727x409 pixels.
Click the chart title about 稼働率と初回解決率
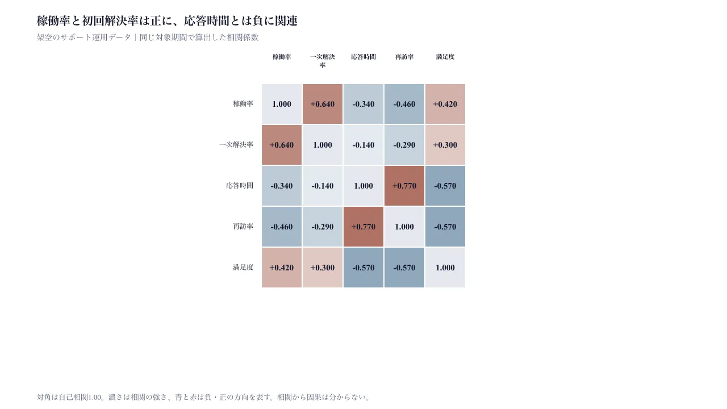tap(167, 21)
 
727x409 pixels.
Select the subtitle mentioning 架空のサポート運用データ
tap(148, 37)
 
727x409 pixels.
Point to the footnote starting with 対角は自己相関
tap(204, 397)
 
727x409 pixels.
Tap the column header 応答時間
tap(363, 57)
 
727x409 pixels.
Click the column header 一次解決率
tap(322, 61)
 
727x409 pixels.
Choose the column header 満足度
tap(445, 57)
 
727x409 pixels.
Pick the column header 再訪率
tap(404, 57)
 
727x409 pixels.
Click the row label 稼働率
tap(243, 104)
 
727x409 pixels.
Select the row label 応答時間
tap(240, 186)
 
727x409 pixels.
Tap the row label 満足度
tap(243, 268)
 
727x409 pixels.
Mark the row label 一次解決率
tap(236, 145)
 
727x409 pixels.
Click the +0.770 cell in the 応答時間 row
tap(404, 186)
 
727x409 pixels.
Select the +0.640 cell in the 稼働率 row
tap(322, 104)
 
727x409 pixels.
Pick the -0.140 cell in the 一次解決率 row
tap(363, 145)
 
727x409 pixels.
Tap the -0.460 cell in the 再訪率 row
tap(281, 227)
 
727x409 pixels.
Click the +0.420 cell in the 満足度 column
tap(445, 104)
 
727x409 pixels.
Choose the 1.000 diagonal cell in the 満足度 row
tap(445, 268)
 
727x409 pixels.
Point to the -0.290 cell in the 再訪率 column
tap(404, 145)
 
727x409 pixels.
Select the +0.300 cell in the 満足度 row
tap(322, 268)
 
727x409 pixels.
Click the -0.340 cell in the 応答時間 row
tap(281, 186)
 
